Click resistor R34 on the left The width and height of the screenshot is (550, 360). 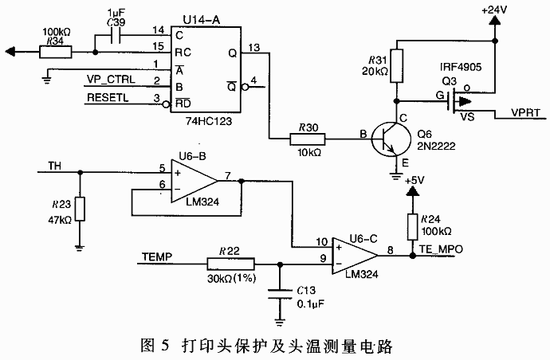(55, 53)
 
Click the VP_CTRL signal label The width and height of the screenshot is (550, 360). (110, 80)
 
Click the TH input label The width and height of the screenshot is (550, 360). (54, 166)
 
